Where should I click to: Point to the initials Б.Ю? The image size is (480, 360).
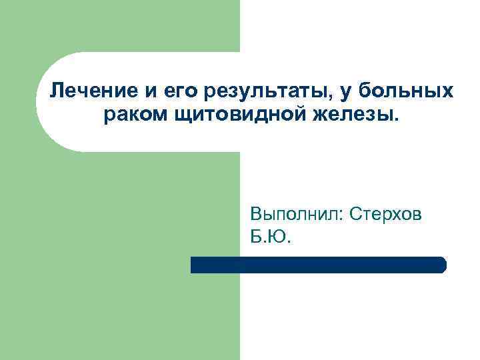click(x=271, y=237)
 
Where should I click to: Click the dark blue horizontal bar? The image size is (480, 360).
click(x=318, y=265)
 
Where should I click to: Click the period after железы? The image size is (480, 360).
click(x=399, y=120)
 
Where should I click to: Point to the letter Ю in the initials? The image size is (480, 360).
click(x=279, y=237)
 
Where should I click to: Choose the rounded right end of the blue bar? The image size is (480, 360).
click(x=441, y=265)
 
